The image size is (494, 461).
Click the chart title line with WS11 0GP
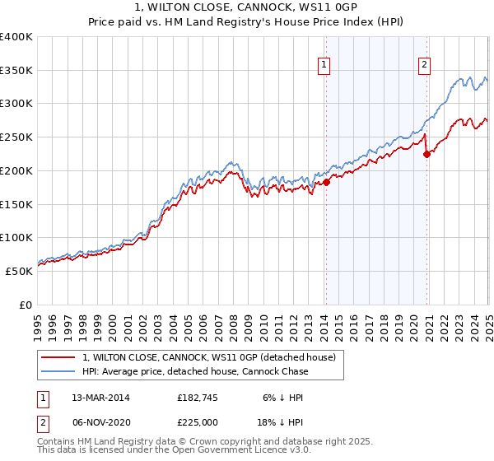click(x=246, y=8)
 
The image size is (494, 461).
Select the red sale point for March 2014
click(x=326, y=182)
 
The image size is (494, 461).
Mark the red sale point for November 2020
click(x=426, y=153)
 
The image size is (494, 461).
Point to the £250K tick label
click(x=16, y=137)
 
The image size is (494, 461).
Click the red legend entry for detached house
click(x=208, y=358)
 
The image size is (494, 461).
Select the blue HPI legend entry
click(x=195, y=371)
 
